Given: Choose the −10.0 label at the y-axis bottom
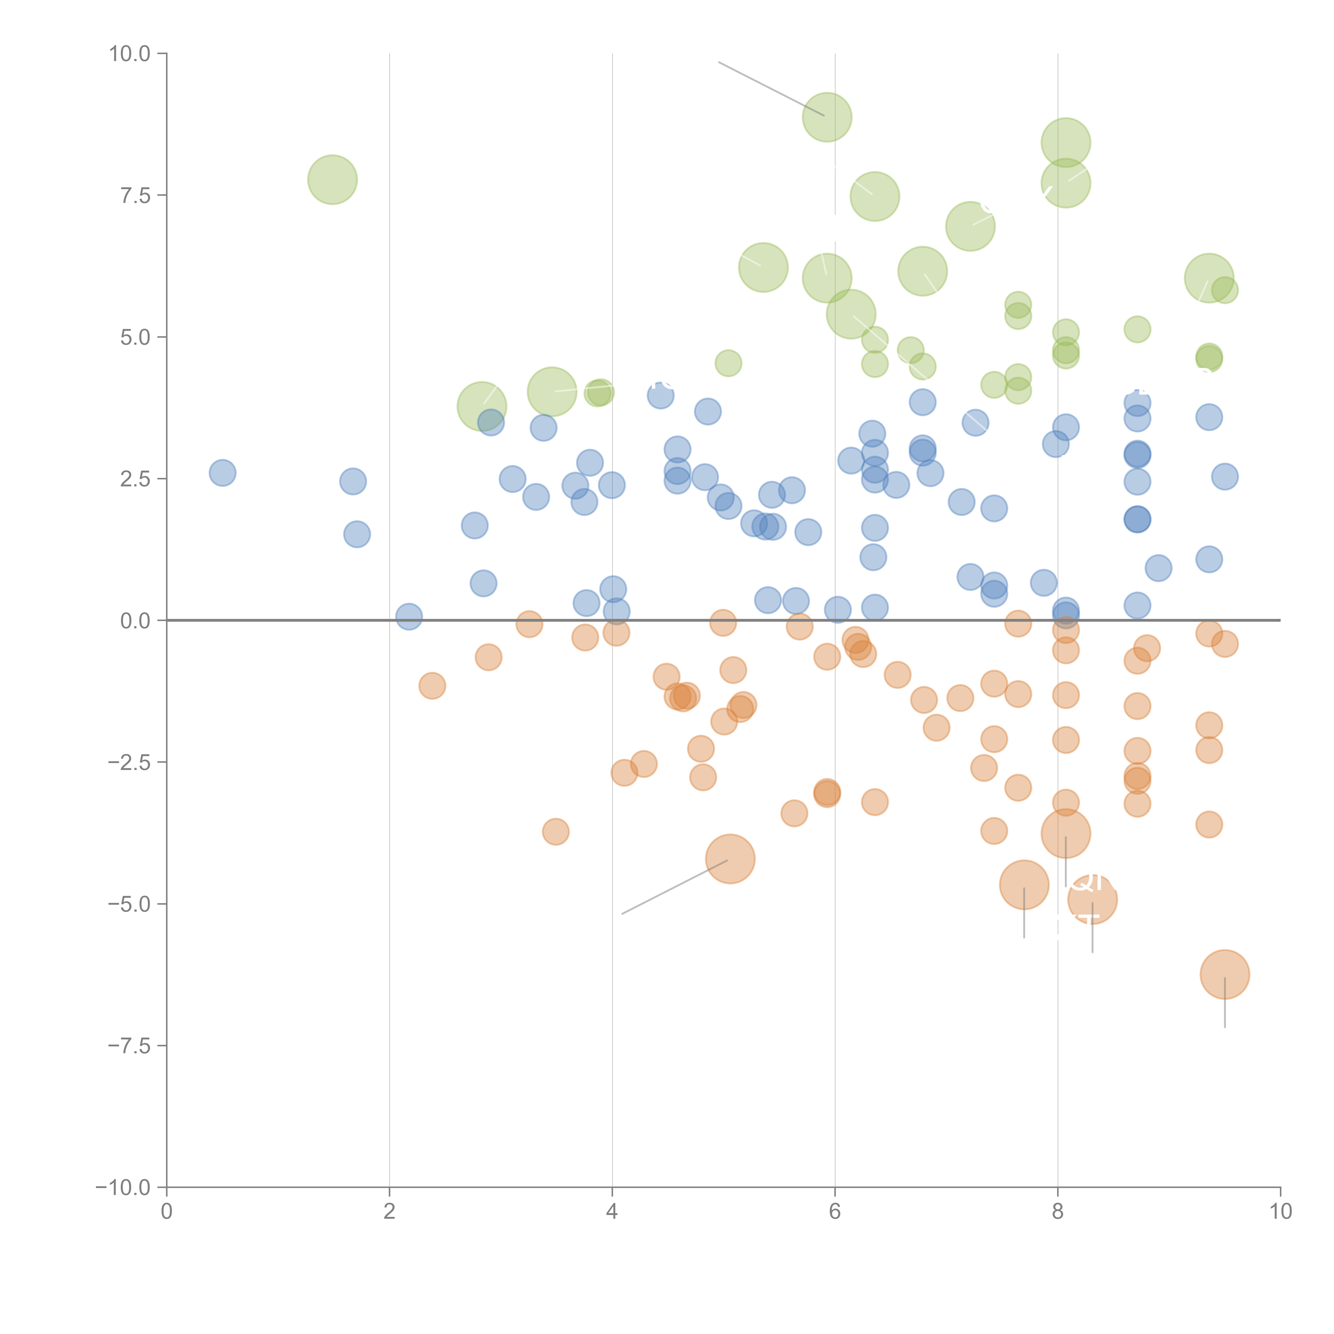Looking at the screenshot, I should pos(123,1188).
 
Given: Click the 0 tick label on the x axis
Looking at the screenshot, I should pos(166,1212).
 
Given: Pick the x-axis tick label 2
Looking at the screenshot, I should pos(390,1212).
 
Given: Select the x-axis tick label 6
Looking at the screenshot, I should pos(835,1212).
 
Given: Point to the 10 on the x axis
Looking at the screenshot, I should pos(1280,1212).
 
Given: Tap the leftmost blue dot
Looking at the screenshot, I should pos(222,473).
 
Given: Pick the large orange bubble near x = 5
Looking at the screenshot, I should pos(730,859).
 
